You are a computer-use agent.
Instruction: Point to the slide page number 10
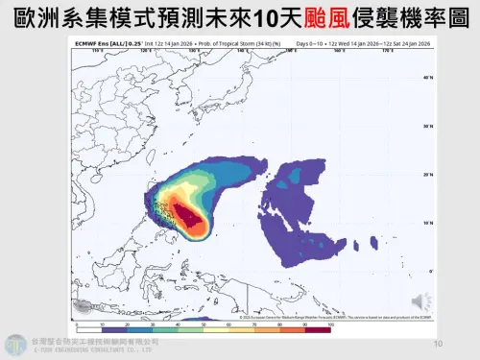pyautogui.click(x=438, y=343)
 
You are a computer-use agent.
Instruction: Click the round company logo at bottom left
pyautogui.click(x=15, y=344)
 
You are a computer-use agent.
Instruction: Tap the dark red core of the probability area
pyautogui.click(x=196, y=222)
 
